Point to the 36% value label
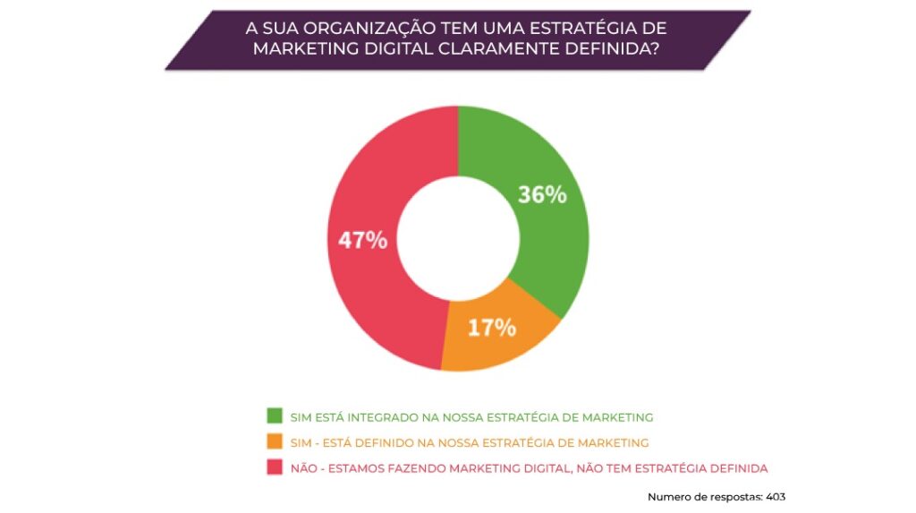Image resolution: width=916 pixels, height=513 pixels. [542, 194]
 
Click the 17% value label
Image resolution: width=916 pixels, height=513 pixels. [491, 328]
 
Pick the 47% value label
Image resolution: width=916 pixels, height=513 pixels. [362, 240]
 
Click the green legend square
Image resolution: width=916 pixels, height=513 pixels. [275, 416]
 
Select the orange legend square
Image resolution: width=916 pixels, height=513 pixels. [275, 441]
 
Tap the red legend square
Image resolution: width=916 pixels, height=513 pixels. [275, 467]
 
